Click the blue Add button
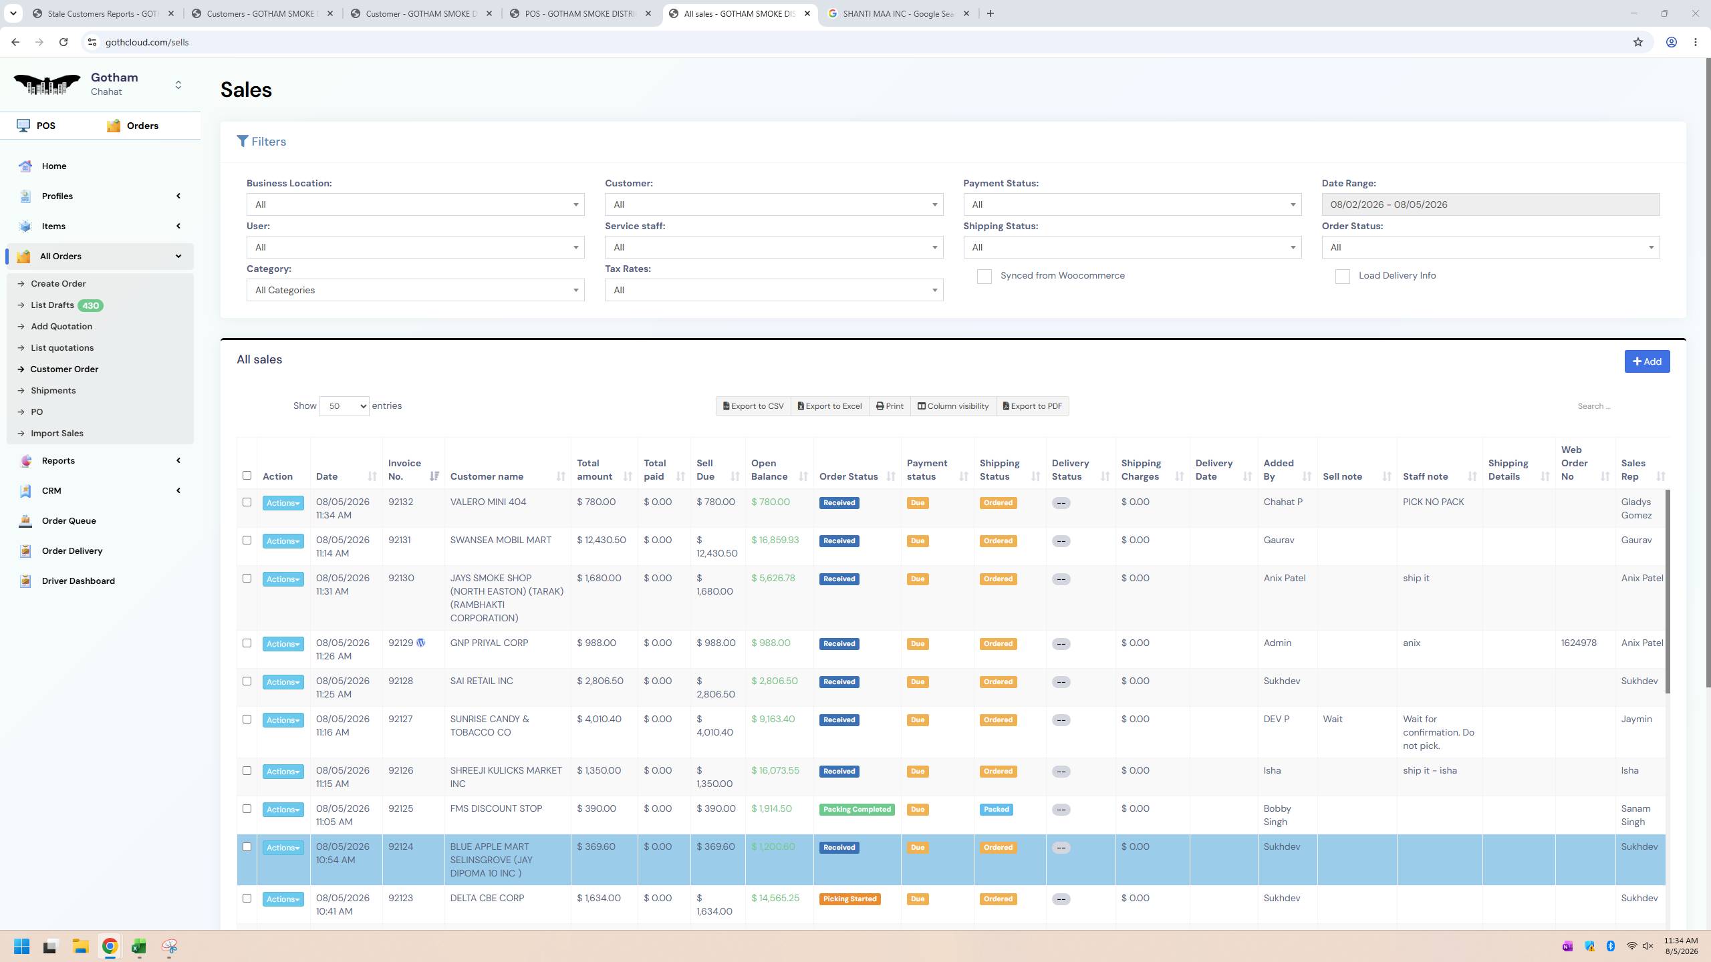pos(1647,361)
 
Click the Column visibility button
pos(952,406)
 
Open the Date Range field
pos(1490,204)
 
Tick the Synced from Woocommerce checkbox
pos(984,277)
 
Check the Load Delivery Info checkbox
pos(1342,277)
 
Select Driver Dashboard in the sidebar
pos(78,581)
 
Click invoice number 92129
pos(400,643)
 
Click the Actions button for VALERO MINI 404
pos(283,503)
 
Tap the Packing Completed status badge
pos(857,810)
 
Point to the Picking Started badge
pos(849,899)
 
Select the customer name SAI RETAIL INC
pos(481,681)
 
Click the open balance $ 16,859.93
pos(775,540)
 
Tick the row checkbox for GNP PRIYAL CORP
pos(247,643)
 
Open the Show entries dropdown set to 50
pos(344,406)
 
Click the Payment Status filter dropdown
pos(1132,204)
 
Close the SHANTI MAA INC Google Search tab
pos(966,13)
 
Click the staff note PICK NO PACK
pos(1433,502)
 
